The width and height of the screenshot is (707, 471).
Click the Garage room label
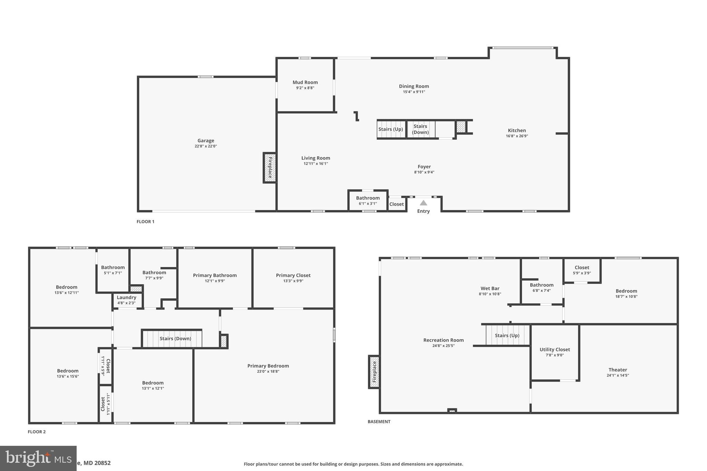coord(206,141)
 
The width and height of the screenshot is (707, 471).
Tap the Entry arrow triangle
coord(423,203)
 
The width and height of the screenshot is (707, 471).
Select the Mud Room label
coord(305,82)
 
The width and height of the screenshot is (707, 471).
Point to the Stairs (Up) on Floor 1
coord(390,129)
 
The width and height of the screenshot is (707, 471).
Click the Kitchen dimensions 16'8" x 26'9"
coord(517,136)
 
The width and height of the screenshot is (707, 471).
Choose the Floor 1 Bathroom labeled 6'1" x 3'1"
coord(368,200)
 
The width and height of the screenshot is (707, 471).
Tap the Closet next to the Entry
coord(396,204)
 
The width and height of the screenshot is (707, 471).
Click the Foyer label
coord(424,167)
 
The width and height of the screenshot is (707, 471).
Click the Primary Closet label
coord(293,275)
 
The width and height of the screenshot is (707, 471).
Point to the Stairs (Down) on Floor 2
coord(175,338)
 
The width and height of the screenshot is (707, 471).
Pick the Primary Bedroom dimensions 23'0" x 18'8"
coord(268,372)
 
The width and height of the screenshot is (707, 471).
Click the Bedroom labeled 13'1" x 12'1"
coord(153,385)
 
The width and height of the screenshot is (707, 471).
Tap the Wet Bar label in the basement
coord(490,288)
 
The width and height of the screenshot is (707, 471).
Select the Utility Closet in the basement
coord(554,352)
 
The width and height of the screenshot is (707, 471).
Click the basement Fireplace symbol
coord(374,372)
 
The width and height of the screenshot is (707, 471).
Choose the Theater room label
coord(618,370)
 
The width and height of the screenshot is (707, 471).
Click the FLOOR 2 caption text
coord(37,432)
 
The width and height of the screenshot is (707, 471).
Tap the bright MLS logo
coord(38,458)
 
